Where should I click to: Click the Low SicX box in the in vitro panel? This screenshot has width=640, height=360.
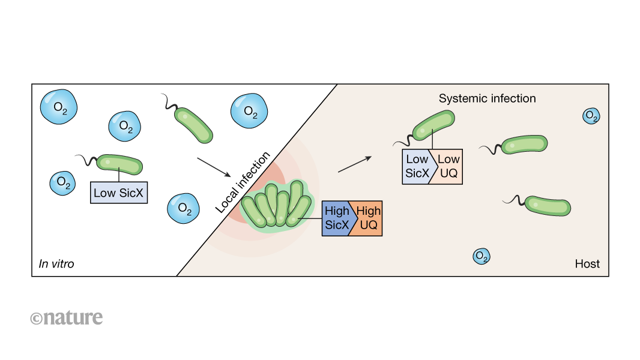tap(119, 193)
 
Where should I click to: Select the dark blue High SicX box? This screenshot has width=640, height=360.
tap(338, 218)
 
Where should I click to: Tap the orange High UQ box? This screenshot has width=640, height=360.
tap(368, 218)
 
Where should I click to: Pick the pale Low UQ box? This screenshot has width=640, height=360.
tap(448, 166)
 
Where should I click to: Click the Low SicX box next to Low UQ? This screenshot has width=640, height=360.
tap(418, 166)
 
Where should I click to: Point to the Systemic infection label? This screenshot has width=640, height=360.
tap(487, 98)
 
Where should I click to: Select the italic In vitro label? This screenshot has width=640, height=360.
tap(56, 263)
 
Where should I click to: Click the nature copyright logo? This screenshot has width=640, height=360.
tap(66, 317)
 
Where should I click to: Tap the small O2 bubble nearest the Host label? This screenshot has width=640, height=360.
tap(481, 256)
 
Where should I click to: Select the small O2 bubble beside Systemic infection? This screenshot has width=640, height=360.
tap(591, 116)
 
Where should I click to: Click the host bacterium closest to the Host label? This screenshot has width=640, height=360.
tap(547, 205)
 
